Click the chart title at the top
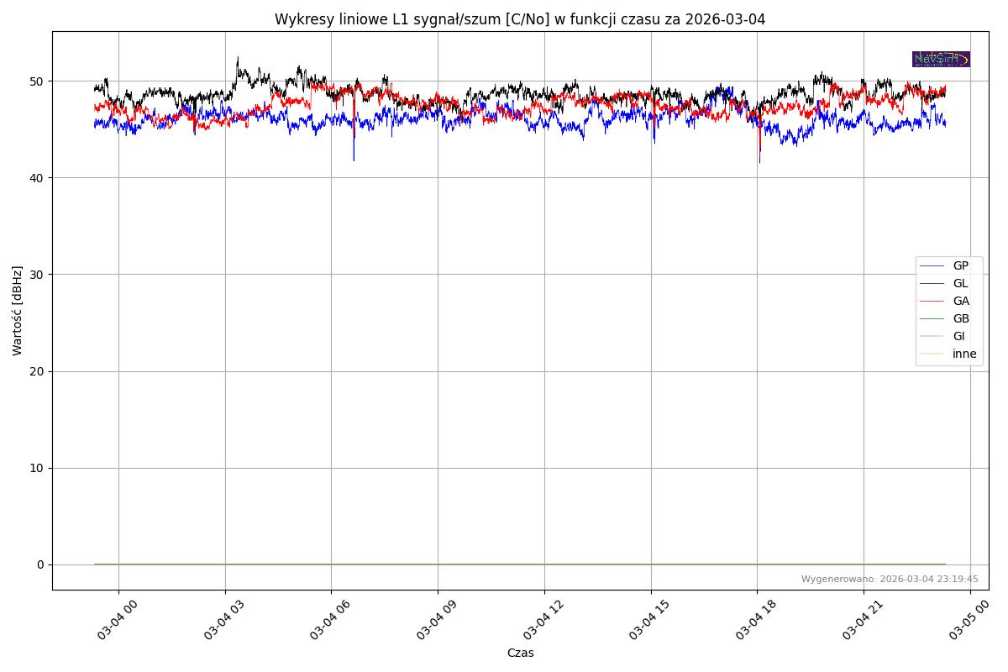click(520, 19)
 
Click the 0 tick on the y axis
click(40, 564)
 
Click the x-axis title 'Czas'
click(520, 653)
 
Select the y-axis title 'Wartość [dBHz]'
click(18, 311)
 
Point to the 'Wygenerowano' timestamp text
click(889, 579)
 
